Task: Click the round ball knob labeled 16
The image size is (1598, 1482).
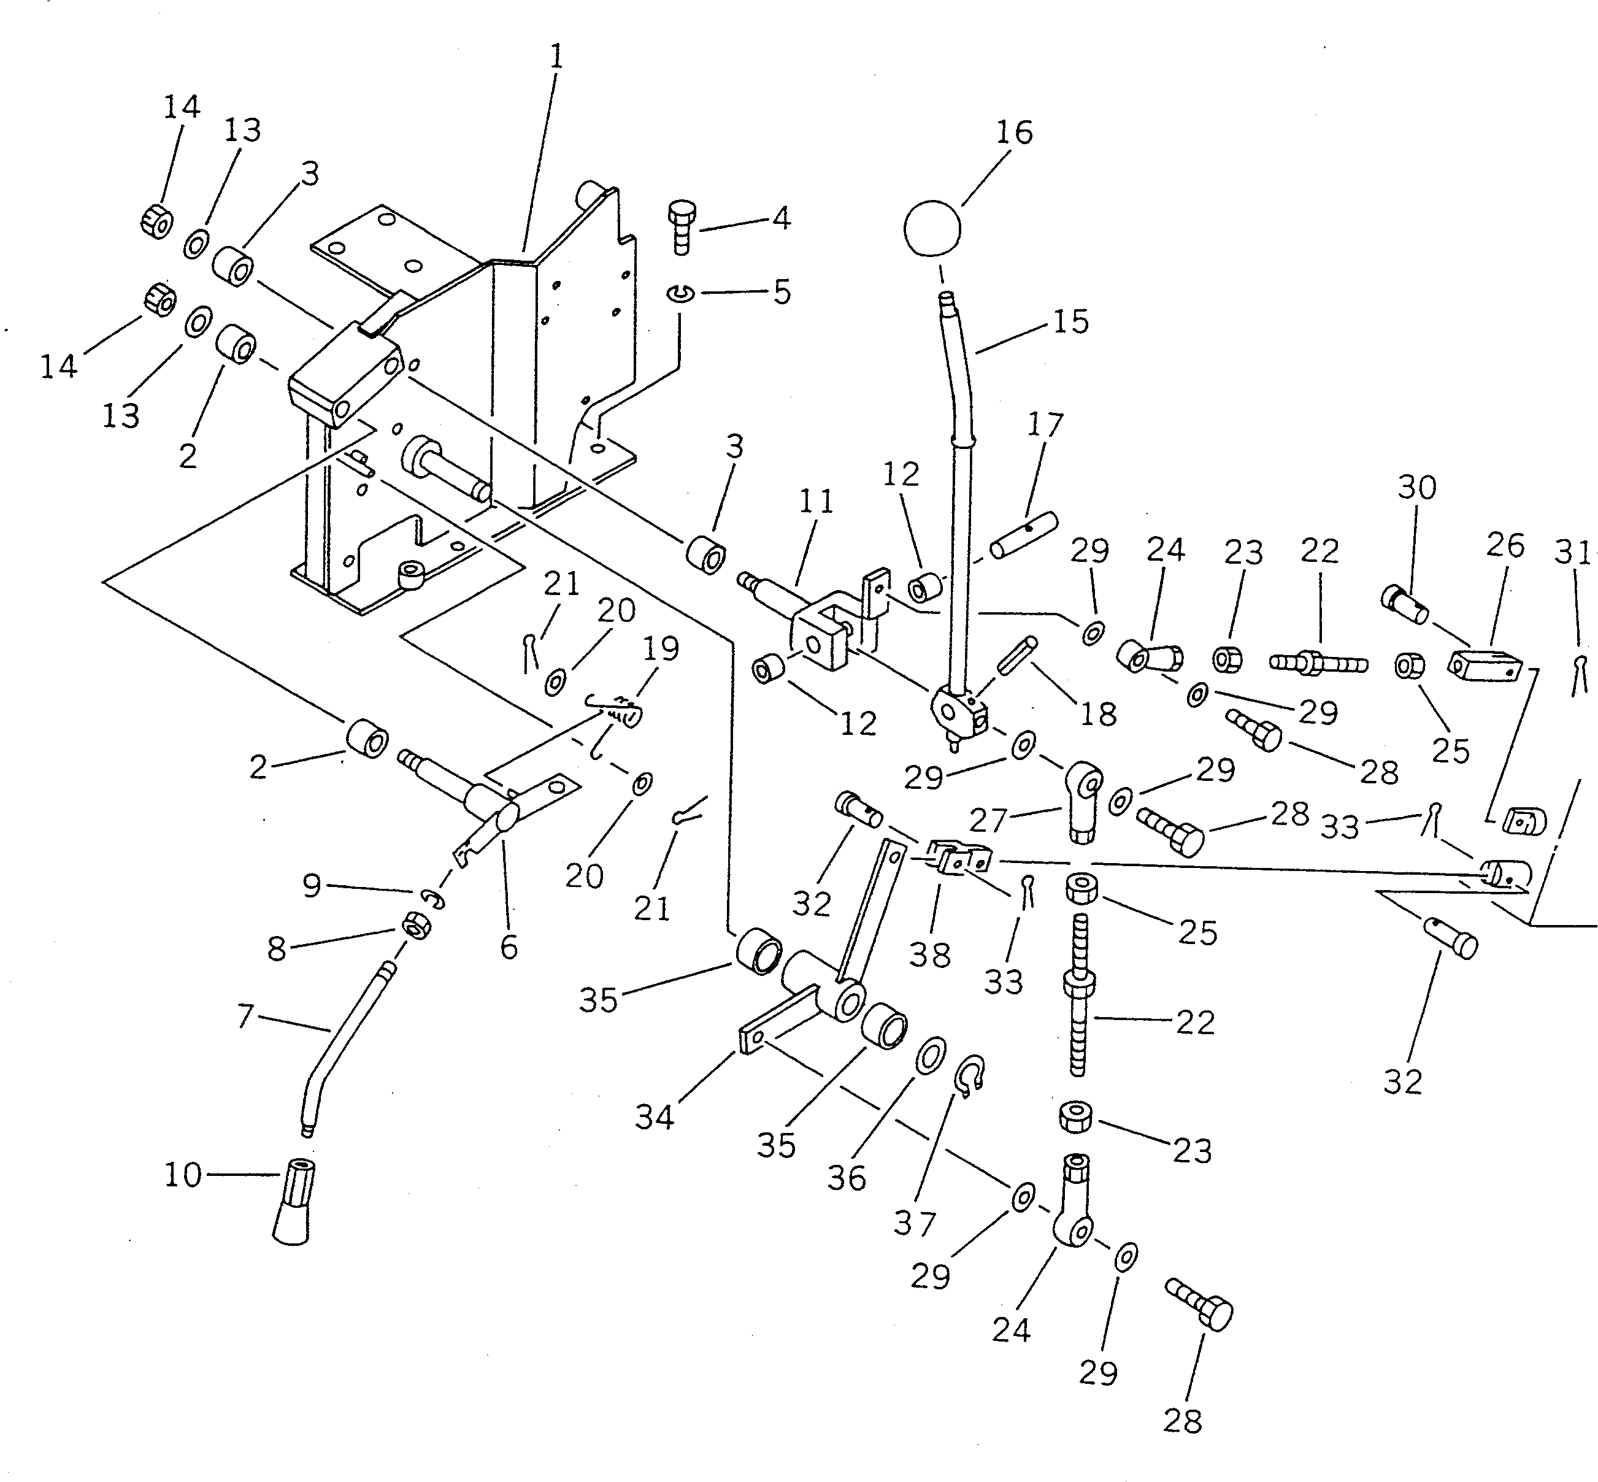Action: click(932, 228)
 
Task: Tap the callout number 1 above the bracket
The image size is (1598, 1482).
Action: click(556, 57)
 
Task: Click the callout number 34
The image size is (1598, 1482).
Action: click(655, 1116)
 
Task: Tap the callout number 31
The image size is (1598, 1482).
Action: click(1572, 553)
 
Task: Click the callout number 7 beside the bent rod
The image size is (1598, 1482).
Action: click(245, 1016)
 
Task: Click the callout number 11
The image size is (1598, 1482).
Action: click(816, 502)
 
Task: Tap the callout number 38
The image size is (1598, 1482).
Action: click(930, 954)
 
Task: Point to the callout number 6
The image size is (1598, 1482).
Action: click(509, 947)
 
